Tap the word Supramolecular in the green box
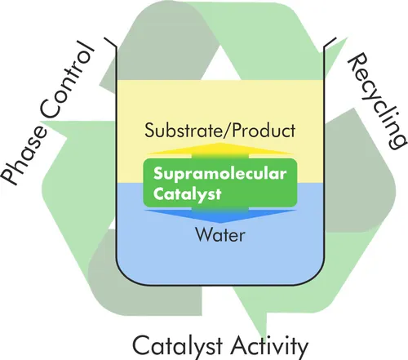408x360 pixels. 220,174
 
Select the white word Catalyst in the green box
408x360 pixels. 188,194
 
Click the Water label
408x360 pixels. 220,235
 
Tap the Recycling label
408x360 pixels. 377,100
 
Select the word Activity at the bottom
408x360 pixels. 269,346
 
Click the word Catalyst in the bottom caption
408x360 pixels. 178,345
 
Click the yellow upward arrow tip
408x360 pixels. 220,144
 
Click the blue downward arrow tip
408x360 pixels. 220,221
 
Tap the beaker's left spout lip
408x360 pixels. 111,42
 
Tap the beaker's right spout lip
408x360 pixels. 330,42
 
